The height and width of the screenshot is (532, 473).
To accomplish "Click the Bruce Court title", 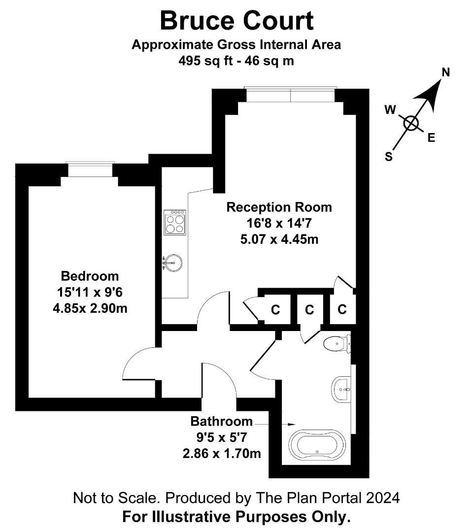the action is (237, 21).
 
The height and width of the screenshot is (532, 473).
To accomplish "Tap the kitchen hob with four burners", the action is (175, 222).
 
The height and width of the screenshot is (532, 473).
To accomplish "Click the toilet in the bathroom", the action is (337, 344).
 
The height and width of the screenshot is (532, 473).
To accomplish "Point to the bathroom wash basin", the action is (341, 389).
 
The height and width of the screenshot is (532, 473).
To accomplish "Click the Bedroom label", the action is (90, 276).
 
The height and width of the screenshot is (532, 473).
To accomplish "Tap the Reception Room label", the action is (279, 207).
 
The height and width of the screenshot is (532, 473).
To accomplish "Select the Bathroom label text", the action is (222, 421).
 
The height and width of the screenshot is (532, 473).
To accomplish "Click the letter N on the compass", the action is (445, 72).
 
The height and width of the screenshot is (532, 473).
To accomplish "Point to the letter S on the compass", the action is (389, 157).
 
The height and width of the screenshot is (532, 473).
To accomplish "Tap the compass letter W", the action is (390, 109).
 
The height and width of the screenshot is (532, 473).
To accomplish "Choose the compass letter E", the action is (431, 138).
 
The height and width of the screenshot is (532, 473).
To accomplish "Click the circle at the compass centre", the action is (411, 123).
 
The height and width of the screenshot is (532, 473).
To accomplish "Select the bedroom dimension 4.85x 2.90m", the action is (90, 308).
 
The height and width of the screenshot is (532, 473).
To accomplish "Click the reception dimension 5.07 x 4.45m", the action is (279, 239).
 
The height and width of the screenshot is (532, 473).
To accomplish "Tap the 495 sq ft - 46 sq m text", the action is (236, 61).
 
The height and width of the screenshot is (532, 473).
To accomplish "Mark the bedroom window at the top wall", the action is (90, 168).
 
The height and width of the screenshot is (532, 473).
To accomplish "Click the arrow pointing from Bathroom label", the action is (275, 424).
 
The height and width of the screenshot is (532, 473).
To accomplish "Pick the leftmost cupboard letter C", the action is (275, 310).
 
